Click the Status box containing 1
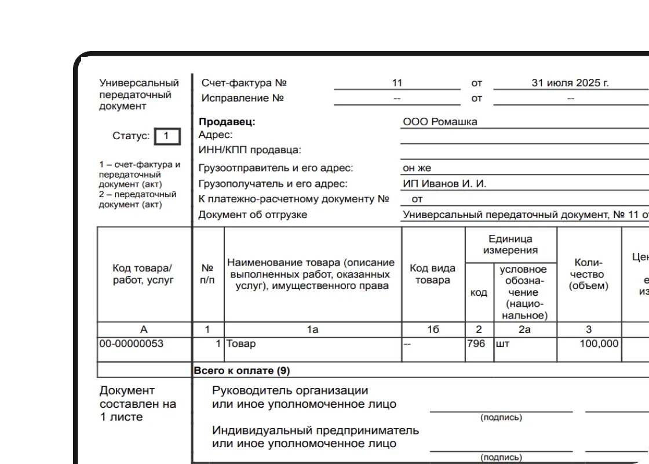click(167, 136)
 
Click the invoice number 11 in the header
click(397, 83)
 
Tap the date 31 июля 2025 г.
click(570, 83)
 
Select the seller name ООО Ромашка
click(440, 122)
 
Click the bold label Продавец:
click(227, 122)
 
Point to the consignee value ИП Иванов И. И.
click(444, 184)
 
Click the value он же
click(417, 168)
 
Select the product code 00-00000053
click(132, 343)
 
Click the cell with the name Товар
click(241, 343)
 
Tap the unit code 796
click(476, 343)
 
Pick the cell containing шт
click(502, 343)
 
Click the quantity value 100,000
click(599, 343)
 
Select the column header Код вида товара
click(432, 274)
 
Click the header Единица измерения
click(511, 244)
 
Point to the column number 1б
click(433, 329)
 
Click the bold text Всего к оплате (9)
click(242, 370)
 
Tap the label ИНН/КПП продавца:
click(250, 150)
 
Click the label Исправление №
click(243, 98)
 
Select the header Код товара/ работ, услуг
click(143, 274)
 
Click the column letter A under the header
click(144, 329)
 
